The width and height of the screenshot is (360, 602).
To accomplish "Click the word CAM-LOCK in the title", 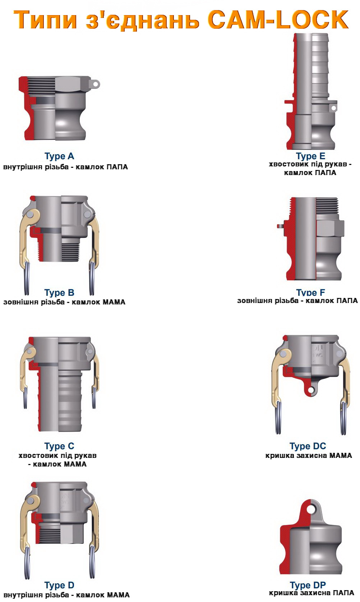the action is (278, 20).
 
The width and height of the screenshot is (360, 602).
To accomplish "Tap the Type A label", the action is (59, 156).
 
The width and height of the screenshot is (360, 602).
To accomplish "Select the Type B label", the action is (59, 293).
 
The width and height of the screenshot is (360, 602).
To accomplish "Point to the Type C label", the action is (59, 446).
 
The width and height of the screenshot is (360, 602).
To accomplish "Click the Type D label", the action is (59, 585).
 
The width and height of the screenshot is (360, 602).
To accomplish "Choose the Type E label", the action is (310, 156).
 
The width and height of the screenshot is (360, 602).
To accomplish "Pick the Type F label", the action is (310, 293).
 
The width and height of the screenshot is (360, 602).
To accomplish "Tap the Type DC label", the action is (308, 446).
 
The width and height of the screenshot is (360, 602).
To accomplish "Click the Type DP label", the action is (308, 585).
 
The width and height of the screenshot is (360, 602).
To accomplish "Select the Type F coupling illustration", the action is (311, 239).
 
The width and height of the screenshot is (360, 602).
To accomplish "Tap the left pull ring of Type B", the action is (27, 279).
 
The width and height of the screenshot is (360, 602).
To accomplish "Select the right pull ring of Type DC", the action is (343, 418).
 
